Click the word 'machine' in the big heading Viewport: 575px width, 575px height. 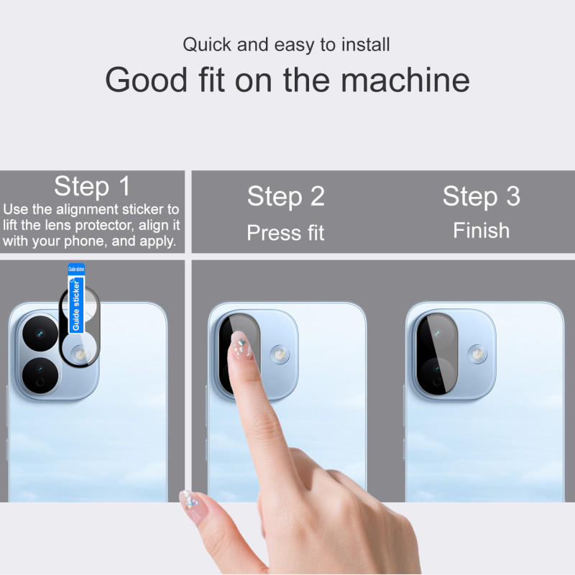pos(405,80)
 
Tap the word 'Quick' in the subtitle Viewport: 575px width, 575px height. pos(207,45)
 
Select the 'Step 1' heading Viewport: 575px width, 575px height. pos(92,186)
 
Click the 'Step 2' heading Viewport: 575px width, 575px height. pos(285,195)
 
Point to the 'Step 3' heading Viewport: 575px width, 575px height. pos(481,195)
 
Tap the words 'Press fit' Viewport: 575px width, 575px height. pos(285,232)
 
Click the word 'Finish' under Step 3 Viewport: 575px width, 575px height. pos(481,230)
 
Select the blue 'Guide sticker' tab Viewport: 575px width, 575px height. pos(76,298)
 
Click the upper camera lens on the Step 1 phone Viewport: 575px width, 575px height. pos(40,333)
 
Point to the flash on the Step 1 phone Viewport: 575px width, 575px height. pos(80,354)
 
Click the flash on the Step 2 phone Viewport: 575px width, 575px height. pos(280,354)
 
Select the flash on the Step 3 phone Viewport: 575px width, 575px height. pos(477,354)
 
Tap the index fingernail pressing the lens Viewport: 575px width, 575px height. pos(241,346)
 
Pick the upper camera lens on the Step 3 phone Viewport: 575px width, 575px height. pos(437,333)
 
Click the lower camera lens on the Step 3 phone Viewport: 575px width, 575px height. pos(437,375)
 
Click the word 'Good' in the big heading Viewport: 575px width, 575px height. pos(147,80)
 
